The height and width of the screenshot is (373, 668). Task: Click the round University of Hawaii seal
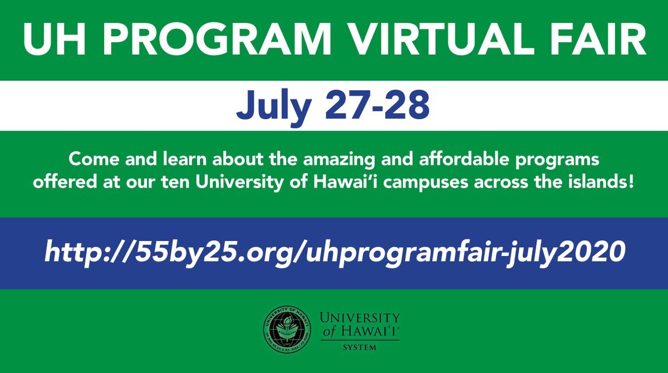288,330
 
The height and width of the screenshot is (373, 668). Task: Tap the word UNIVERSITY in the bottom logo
360,318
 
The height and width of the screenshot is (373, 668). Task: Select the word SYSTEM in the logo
360,348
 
